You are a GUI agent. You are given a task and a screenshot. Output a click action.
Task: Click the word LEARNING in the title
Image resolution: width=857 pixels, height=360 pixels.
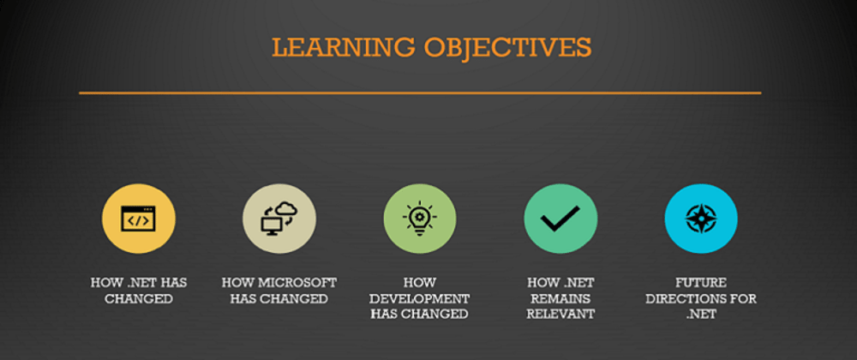pyautogui.click(x=344, y=48)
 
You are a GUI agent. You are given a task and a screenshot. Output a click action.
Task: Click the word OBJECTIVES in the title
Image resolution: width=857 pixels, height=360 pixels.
pyautogui.click(x=507, y=48)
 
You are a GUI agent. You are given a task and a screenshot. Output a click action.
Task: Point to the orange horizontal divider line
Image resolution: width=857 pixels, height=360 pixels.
pyautogui.click(x=420, y=93)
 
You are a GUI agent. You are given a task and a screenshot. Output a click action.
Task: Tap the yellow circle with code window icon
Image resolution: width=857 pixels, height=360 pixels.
pyautogui.click(x=138, y=219)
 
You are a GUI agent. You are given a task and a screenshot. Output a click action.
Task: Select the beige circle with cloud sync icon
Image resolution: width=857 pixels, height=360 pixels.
pyautogui.click(x=279, y=219)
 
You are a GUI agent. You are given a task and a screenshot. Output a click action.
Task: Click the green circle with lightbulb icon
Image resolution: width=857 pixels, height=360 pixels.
pyautogui.click(x=420, y=219)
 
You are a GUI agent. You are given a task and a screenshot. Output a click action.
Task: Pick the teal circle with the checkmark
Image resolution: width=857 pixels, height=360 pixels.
pyautogui.click(x=560, y=219)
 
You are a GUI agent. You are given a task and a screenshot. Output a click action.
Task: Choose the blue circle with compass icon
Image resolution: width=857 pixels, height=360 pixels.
pyautogui.click(x=701, y=219)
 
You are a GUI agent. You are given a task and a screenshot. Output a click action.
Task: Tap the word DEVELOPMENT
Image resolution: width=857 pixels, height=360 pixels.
pyautogui.click(x=420, y=299)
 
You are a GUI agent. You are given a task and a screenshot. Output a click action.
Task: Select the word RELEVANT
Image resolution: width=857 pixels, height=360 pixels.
pyautogui.click(x=560, y=315)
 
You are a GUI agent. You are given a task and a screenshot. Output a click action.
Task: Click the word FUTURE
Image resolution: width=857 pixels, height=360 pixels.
pyautogui.click(x=701, y=283)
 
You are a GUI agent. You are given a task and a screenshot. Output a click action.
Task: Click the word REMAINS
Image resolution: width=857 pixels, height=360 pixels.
pyautogui.click(x=560, y=299)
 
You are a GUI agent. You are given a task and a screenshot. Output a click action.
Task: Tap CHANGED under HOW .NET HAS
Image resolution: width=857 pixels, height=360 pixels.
pyautogui.click(x=139, y=299)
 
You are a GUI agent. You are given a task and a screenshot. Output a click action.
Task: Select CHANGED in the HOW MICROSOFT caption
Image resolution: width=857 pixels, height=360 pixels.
pyautogui.click(x=293, y=299)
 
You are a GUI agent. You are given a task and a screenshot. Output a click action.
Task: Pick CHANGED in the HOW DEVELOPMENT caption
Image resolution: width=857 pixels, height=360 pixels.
pyautogui.click(x=434, y=315)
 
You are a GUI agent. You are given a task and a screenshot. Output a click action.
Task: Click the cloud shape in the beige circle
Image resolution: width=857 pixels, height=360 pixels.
pyautogui.click(x=286, y=209)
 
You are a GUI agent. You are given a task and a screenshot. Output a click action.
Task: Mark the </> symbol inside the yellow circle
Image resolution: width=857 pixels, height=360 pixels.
pyautogui.click(x=138, y=220)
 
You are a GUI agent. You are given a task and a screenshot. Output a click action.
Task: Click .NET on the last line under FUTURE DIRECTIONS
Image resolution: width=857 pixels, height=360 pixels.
pyautogui.click(x=701, y=315)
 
